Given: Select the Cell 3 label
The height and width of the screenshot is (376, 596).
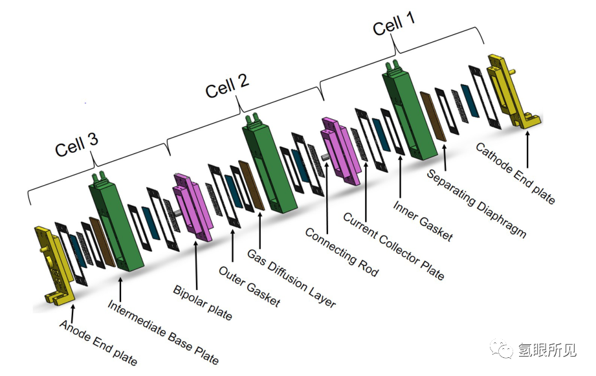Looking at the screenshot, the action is click(76, 144).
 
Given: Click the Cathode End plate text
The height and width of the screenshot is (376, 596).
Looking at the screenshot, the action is click(515, 173).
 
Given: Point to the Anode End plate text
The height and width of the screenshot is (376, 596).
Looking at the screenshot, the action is click(98, 342).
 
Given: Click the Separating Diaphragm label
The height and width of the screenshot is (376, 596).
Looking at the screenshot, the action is click(477, 203).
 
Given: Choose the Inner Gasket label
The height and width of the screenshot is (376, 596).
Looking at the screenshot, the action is click(423, 221).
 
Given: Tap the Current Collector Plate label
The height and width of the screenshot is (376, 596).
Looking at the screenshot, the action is click(393, 246).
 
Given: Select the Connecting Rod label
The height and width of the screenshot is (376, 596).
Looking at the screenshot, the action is click(342, 252).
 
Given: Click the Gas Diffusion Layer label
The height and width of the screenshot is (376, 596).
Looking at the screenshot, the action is click(292, 278).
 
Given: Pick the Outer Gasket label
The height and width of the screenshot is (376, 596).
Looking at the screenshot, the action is click(249, 286).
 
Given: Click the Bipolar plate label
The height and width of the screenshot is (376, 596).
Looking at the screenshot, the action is click(202, 302).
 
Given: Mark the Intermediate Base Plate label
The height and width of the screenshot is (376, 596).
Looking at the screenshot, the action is click(163, 332).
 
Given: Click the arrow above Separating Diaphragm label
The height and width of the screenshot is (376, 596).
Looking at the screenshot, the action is click(445, 156).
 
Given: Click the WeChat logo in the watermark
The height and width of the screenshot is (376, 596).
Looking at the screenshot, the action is click(501, 348).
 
